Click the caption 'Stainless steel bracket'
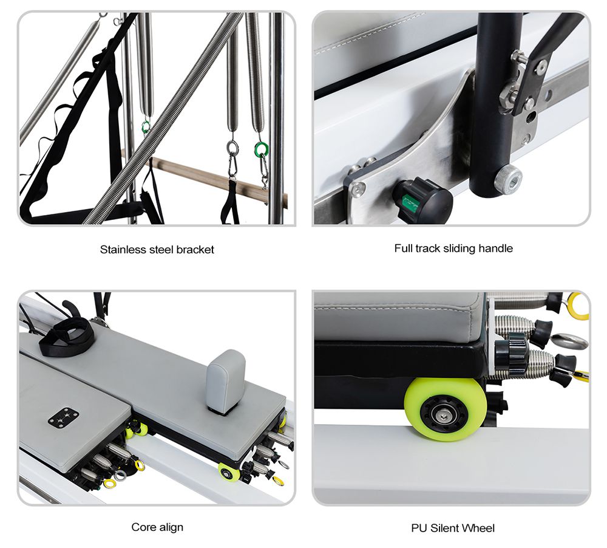tap(157, 249)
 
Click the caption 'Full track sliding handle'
tap(453, 248)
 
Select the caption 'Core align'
tap(157, 527)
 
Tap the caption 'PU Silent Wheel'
tap(453, 528)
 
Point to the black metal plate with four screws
tap(63, 418)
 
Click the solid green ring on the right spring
tap(262, 149)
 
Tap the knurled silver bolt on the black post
tap(508, 179)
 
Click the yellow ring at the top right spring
tap(578, 306)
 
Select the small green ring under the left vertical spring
tap(146, 127)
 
